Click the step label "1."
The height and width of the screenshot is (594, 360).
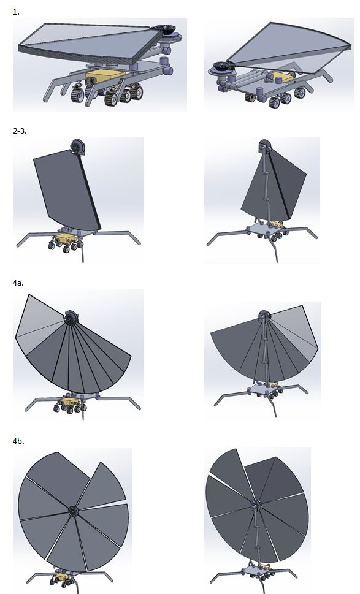click(16, 12)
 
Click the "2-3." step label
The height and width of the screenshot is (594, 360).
click(20, 131)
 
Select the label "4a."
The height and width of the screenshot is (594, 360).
click(18, 283)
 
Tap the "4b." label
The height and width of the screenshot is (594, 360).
click(18, 441)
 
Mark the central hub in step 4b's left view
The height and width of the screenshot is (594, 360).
click(72, 511)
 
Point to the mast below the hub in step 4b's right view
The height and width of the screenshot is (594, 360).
click(258, 538)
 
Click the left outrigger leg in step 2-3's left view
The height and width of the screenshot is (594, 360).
click(36, 238)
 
